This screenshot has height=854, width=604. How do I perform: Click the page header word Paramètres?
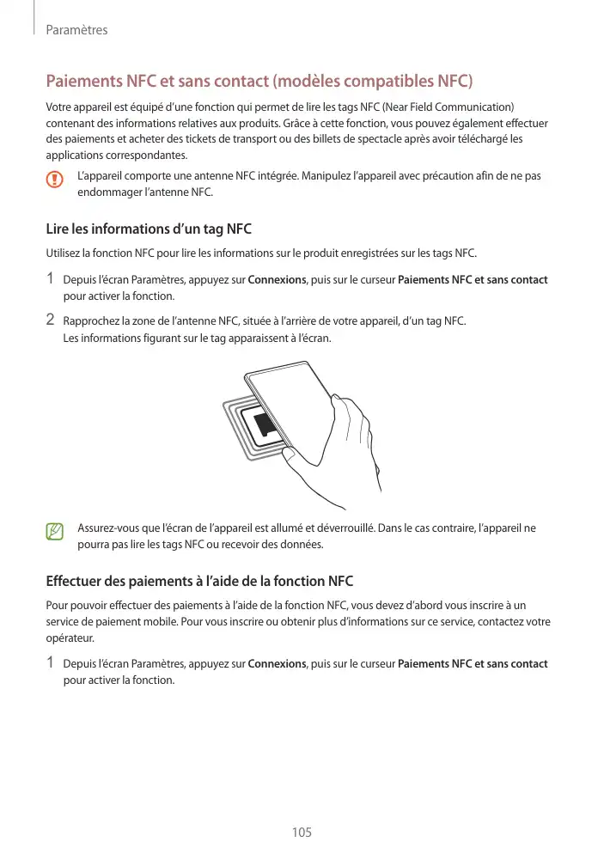76,30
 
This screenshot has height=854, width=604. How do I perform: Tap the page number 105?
302,833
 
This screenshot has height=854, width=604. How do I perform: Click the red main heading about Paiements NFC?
259,82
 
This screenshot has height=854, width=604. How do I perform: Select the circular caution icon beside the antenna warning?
55,180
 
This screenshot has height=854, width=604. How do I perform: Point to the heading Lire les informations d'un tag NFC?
148,229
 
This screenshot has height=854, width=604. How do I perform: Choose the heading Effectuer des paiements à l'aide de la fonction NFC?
199,582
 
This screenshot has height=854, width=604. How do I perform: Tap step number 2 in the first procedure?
50,320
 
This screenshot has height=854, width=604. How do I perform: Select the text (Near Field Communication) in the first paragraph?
443,107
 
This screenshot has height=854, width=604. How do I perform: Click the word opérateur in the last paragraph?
70,639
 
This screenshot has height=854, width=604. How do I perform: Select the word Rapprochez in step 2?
91,321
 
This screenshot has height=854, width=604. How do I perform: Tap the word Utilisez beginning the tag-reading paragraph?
64,253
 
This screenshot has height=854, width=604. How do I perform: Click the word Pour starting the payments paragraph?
57,605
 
